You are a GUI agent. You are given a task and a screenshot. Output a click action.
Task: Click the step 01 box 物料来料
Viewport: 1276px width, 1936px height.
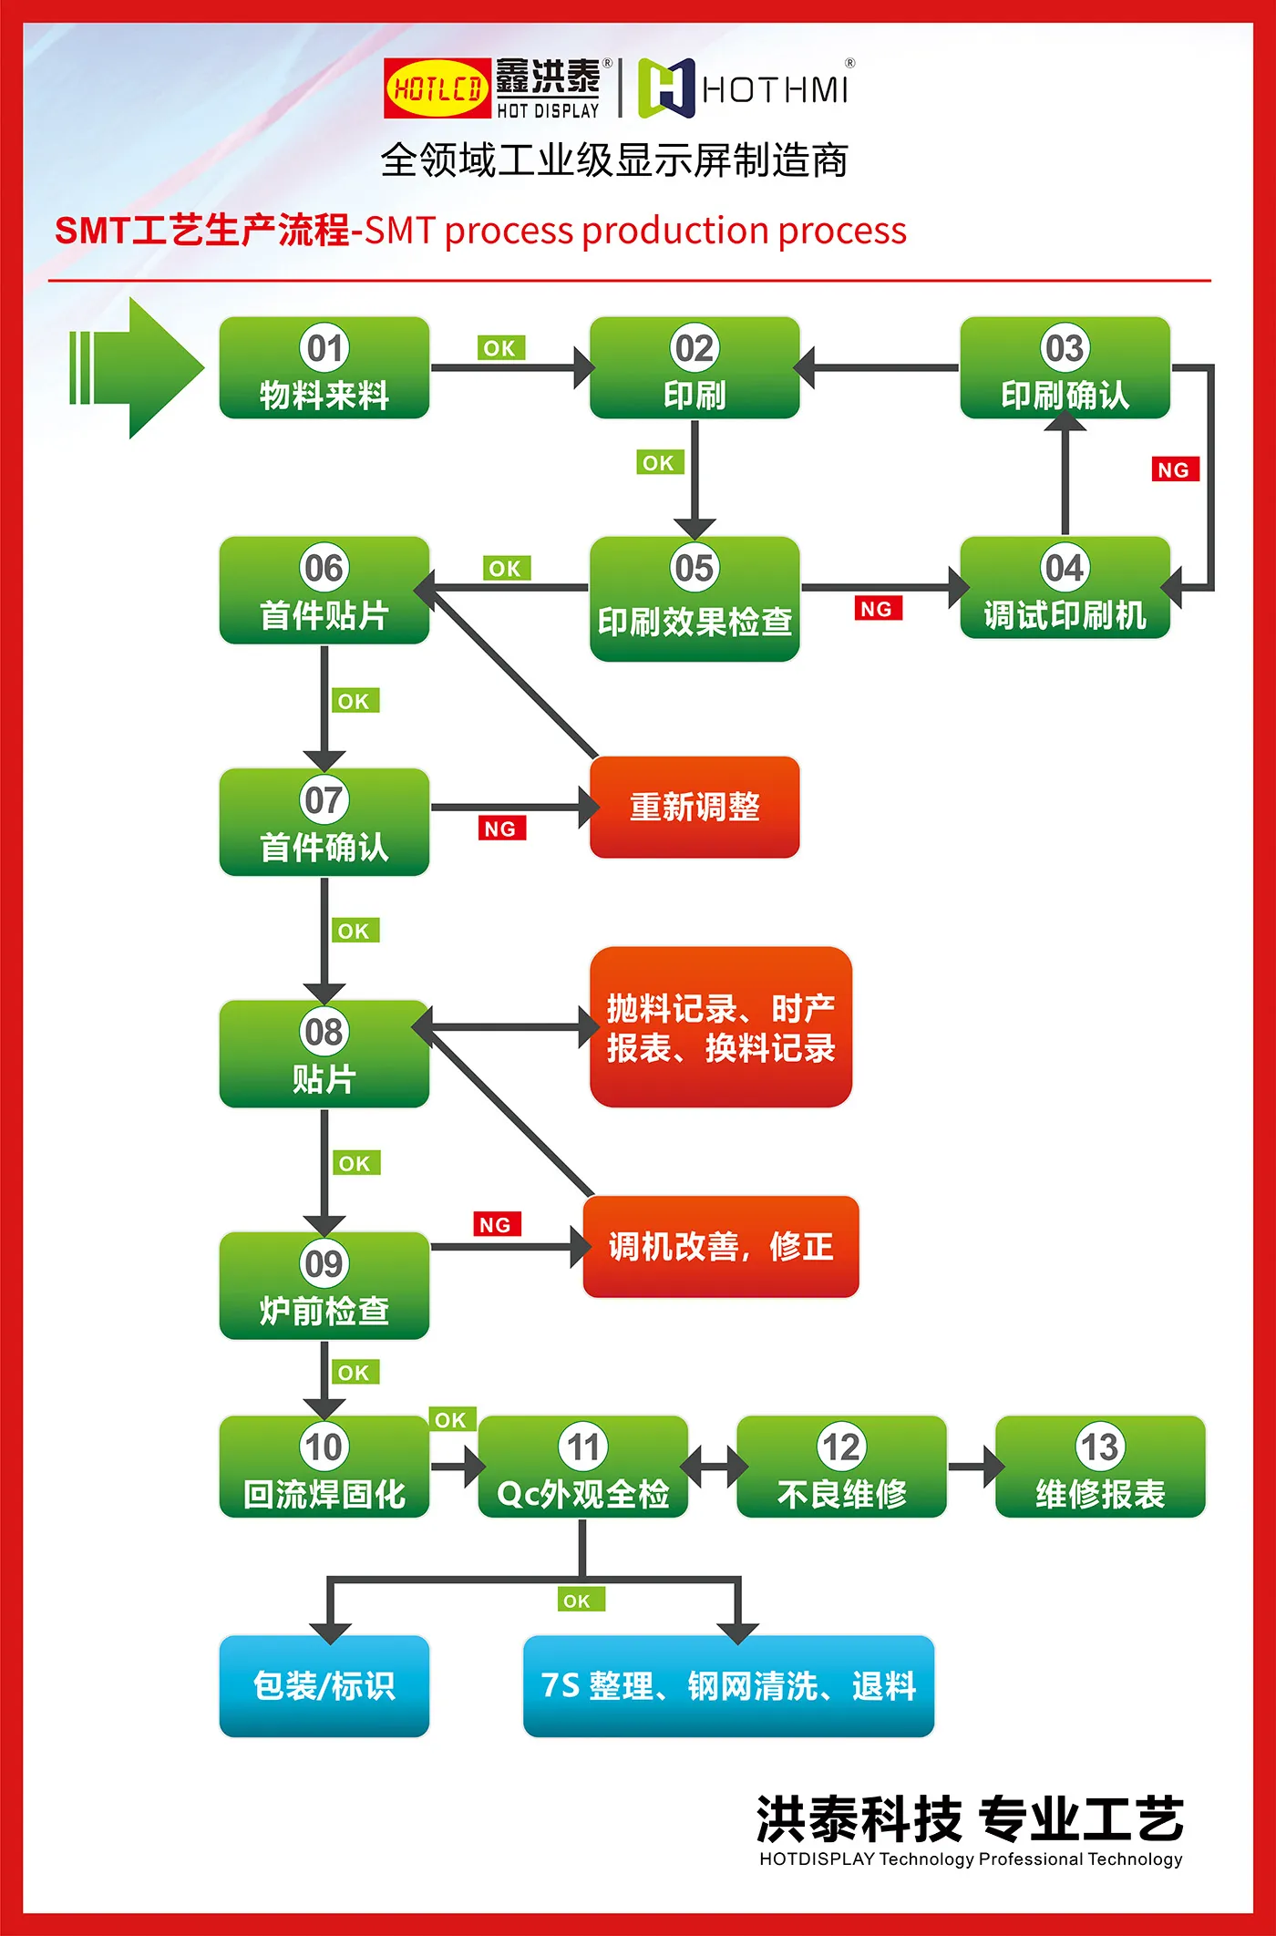324,368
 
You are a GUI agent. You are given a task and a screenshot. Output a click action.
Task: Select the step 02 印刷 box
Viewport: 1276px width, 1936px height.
695,368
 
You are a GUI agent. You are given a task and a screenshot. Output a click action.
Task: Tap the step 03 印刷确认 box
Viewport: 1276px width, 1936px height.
1065,368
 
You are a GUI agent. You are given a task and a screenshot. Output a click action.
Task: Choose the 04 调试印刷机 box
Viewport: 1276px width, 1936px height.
1065,588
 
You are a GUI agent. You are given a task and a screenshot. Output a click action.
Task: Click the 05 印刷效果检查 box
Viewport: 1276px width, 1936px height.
695,599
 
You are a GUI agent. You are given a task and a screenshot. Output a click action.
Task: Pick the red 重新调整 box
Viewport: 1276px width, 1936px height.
695,808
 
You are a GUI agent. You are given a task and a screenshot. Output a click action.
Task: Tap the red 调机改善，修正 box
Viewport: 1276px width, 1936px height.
720,1247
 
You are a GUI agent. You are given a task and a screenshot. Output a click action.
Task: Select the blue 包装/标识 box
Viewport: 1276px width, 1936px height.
324,1685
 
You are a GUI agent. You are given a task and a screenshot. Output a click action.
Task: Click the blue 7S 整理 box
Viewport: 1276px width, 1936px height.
728,1685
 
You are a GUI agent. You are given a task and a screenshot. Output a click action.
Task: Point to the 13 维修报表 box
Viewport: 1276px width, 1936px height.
1100,1467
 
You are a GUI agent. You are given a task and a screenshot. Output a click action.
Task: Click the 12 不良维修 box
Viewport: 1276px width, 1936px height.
841,1467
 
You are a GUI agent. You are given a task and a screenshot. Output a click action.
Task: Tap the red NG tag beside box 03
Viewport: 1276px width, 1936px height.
1174,470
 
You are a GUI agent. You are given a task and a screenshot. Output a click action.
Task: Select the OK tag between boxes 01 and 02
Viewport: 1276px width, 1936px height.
500,348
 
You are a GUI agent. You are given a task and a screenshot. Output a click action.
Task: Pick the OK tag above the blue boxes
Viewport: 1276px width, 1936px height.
578,1601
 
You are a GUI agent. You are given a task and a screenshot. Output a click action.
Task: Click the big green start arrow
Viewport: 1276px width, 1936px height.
137,368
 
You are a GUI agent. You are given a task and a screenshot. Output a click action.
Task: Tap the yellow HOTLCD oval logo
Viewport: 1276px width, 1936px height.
437,89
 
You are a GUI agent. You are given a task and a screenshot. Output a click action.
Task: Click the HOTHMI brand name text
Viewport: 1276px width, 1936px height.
775,90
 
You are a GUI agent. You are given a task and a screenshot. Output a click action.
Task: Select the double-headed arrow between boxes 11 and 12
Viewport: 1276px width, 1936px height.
713,1467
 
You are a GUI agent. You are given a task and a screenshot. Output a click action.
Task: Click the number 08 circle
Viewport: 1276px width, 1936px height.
324,1033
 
